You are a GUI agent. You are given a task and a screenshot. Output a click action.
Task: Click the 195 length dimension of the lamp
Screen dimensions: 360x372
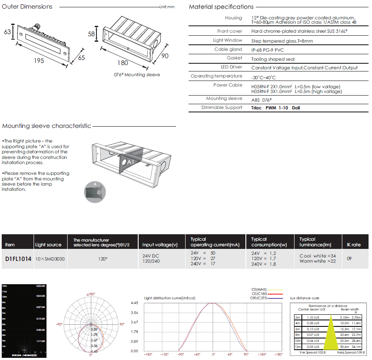(x=39, y=61)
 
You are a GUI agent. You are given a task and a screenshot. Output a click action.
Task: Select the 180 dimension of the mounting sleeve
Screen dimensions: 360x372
(x=123, y=63)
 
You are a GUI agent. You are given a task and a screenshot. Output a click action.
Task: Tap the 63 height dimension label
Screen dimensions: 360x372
(x=7, y=32)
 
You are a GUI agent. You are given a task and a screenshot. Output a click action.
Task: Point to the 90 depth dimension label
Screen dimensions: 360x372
(x=164, y=56)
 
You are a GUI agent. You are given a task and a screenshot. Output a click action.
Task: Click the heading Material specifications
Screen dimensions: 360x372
(x=221, y=6)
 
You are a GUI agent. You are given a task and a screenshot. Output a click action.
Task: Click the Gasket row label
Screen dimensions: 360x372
(x=235, y=58)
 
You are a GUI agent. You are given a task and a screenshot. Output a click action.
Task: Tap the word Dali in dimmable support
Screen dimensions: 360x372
(x=296, y=108)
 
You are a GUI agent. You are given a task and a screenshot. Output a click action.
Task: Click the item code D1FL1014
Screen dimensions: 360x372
(x=18, y=260)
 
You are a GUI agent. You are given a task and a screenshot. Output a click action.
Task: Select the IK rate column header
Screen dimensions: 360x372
(x=353, y=245)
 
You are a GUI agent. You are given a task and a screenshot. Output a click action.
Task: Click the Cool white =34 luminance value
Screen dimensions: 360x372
(x=317, y=256)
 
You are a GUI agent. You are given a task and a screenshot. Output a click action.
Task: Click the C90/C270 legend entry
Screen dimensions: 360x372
(x=258, y=298)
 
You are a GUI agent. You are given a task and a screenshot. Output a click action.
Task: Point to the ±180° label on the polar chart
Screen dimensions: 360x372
(x=90, y=294)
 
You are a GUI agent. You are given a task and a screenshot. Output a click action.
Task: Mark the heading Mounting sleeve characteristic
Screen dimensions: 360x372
(x=46, y=126)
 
